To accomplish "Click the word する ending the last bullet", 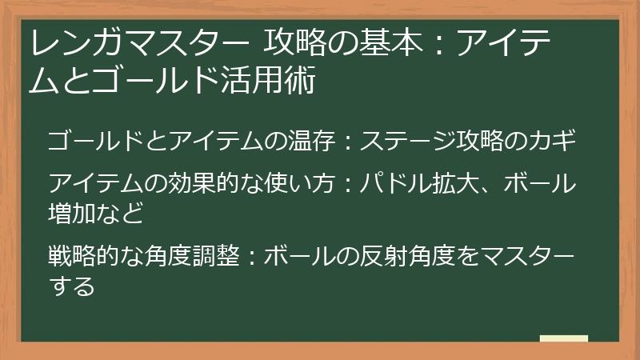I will [x=71, y=285].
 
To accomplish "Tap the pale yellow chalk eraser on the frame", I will [x=563, y=339].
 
